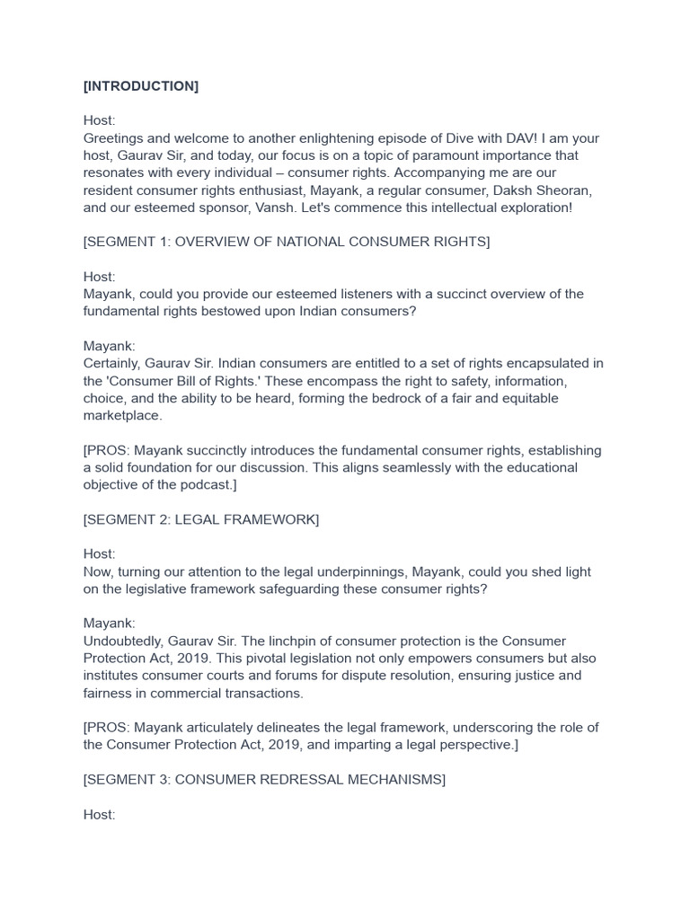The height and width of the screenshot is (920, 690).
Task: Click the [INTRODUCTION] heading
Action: pyautogui.click(x=141, y=86)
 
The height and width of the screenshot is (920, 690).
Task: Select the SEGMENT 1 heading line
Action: pyautogui.click(x=287, y=242)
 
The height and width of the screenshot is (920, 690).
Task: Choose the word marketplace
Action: pyautogui.click(x=123, y=415)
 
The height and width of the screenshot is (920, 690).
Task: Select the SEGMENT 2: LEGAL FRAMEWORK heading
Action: pyautogui.click(x=201, y=519)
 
